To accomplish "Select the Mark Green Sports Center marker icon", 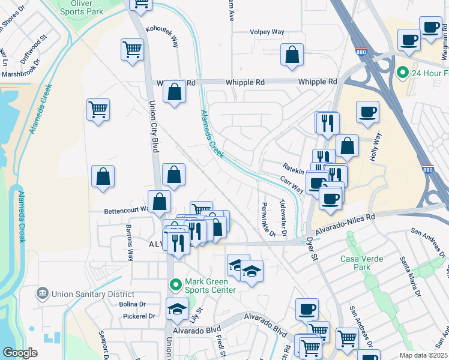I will (x=175, y=284).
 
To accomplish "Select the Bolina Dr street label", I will (x=133, y=304).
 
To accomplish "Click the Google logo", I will (x=20, y=353).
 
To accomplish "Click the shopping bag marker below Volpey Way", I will (x=291, y=55).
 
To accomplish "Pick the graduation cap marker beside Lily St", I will (x=177, y=310).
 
